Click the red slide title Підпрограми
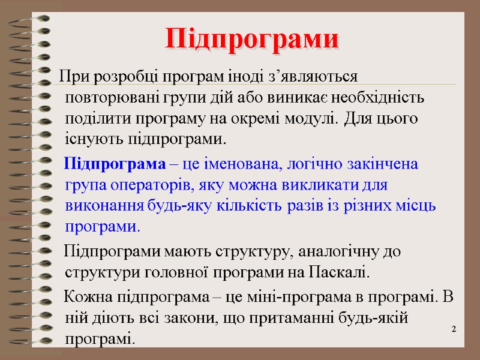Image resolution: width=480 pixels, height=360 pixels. click(252, 39)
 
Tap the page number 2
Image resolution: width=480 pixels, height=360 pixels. click(454, 330)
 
